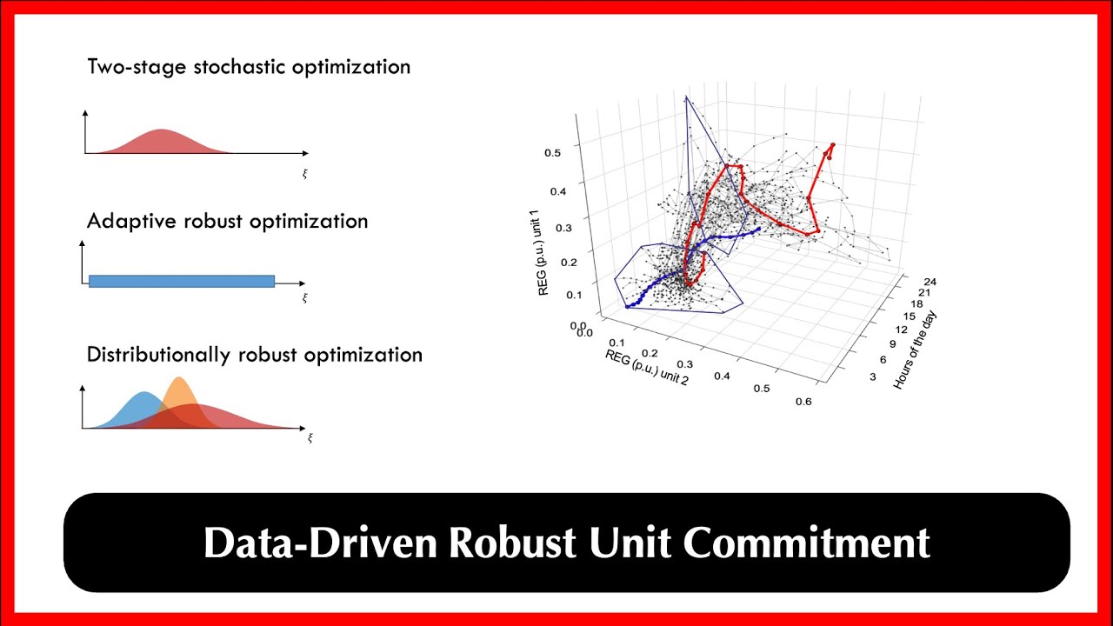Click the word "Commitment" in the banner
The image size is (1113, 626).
(806, 543)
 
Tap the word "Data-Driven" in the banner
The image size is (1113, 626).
(321, 543)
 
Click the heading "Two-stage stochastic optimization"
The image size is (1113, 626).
(249, 67)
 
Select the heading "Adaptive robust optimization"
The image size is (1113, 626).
(227, 221)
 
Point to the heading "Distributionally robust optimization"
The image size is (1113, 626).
(255, 355)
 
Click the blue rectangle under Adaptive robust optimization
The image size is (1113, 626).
(182, 281)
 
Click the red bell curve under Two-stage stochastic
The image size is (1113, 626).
(163, 142)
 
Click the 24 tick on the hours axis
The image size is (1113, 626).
(930, 281)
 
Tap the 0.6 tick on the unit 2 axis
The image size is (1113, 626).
(803, 401)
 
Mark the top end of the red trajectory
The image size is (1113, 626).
(833, 145)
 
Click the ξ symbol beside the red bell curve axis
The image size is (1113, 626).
(305, 174)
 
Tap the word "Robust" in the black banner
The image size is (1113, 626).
(511, 543)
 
